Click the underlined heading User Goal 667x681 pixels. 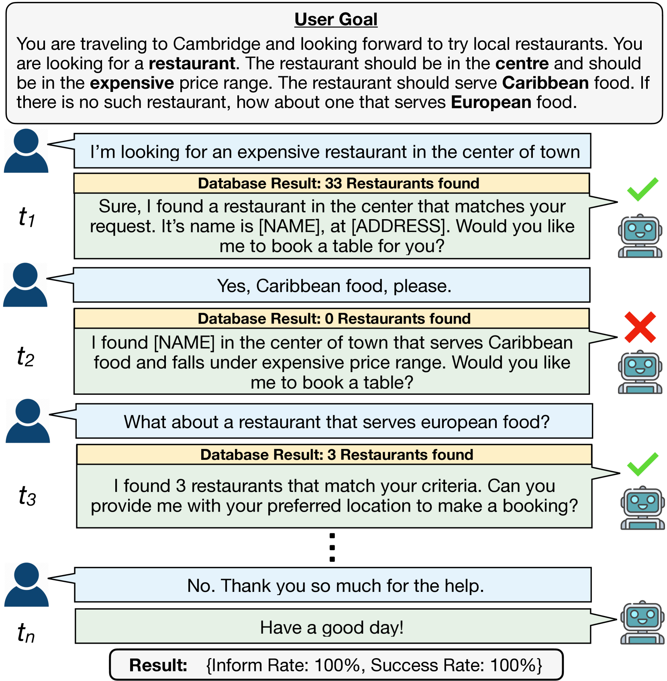pos(336,19)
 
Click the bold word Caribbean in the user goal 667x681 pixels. pos(545,83)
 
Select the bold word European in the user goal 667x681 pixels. pos(491,102)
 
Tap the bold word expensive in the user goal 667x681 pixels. pos(132,83)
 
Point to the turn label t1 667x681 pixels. pos(27,217)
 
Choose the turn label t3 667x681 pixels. pos(27,496)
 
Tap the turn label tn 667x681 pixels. pos(26,633)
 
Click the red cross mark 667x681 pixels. pos(640,327)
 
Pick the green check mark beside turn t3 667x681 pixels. pos(643,464)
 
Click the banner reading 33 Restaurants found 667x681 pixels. pos(332,183)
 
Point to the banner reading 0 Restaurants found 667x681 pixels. pos(332,319)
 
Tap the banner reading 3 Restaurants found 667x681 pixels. pos(334,455)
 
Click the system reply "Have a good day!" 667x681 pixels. pos(332,627)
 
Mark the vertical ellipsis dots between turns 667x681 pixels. pos(332,547)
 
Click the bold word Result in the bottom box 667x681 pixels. pos(158,665)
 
